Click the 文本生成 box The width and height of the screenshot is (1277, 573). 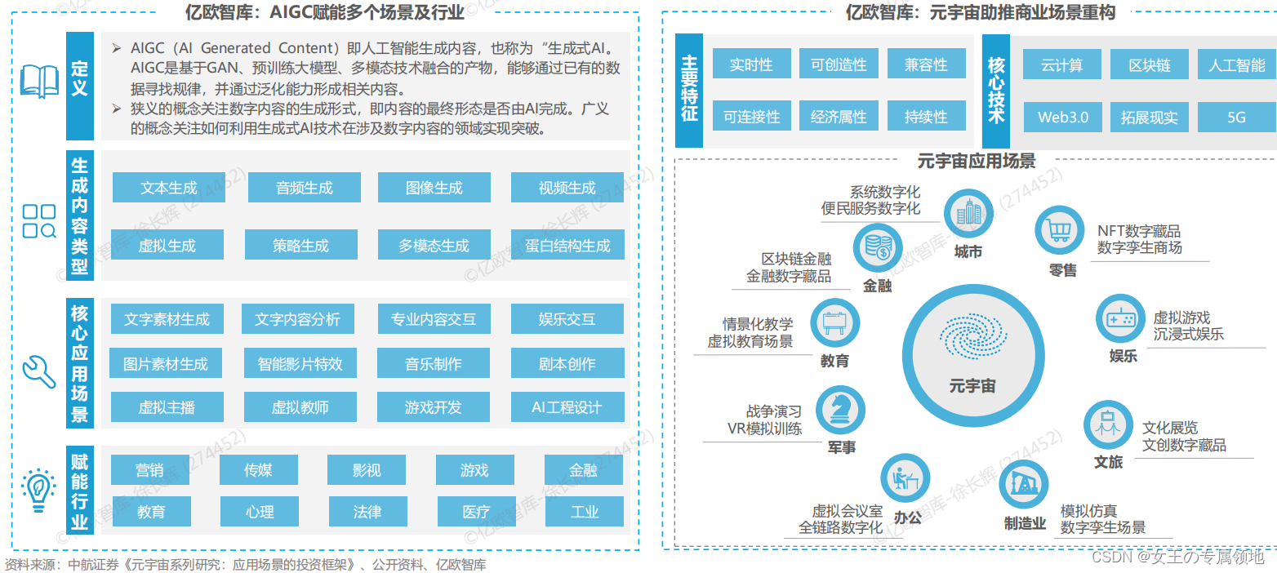pyautogui.click(x=168, y=188)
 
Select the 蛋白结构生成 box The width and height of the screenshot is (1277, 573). pyautogui.click(x=567, y=245)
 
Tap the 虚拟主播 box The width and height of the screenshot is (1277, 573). pyautogui.click(x=167, y=406)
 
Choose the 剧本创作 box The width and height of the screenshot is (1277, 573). pyautogui.click(x=567, y=363)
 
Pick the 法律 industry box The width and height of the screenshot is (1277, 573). pyautogui.click(x=367, y=512)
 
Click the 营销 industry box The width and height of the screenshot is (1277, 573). pyautogui.click(x=150, y=469)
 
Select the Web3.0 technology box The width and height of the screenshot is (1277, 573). pyautogui.click(x=1062, y=117)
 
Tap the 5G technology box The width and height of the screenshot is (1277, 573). pyautogui.click(x=1236, y=117)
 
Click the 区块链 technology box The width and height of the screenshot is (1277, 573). pyautogui.click(x=1149, y=65)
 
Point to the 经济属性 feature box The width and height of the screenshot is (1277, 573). pyautogui.click(x=838, y=117)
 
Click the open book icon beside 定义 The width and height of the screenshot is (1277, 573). pyautogui.click(x=39, y=81)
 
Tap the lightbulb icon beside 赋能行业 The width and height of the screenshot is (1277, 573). pyautogui.click(x=38, y=489)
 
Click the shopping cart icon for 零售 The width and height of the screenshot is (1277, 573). pyautogui.click(x=1059, y=230)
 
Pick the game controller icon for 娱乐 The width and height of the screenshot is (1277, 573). pyautogui.click(x=1122, y=318)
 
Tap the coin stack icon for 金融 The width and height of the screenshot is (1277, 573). pyautogui.click(x=877, y=249)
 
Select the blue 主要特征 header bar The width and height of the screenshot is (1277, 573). pyautogui.click(x=689, y=91)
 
